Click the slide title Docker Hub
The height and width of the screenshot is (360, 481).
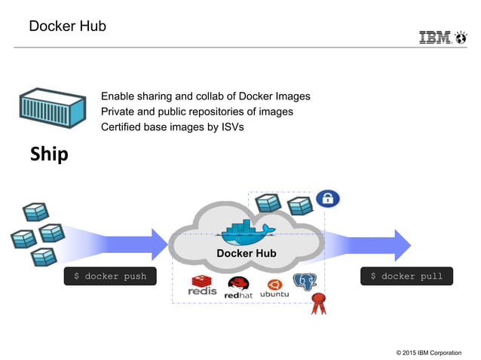pos(67,26)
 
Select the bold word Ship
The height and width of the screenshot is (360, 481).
pos(49,154)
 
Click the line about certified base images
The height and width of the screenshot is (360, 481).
pos(173,127)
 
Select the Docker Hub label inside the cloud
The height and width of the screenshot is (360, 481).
pos(247,253)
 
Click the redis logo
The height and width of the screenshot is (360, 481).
pos(203,286)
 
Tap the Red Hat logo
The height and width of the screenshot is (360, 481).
pos(238,288)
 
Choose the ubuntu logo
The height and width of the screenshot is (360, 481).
pos(274,288)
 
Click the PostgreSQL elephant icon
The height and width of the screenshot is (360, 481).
pos(305,284)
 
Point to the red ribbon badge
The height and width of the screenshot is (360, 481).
pos(319,303)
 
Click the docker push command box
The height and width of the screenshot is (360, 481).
pos(110,276)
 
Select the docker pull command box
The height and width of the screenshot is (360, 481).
pos(406,276)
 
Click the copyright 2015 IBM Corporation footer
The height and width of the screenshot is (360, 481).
pos(428,352)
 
